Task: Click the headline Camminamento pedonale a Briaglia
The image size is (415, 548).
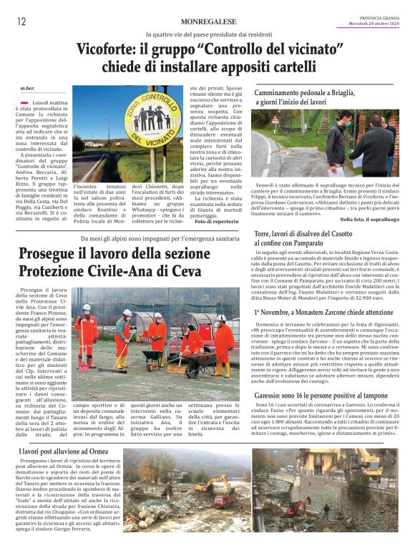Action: [313, 94]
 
